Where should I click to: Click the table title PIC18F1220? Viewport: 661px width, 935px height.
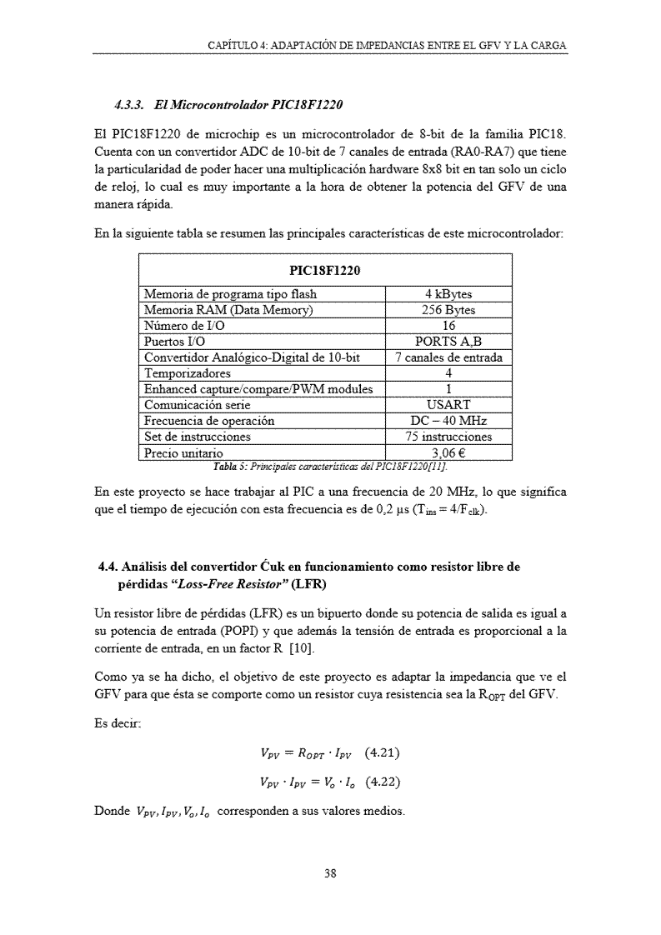pyautogui.click(x=324, y=270)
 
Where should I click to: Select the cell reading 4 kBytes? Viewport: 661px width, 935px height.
pyautogui.click(x=448, y=294)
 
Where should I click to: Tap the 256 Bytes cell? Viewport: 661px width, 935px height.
pyautogui.click(x=448, y=310)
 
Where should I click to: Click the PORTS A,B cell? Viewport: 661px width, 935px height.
pyautogui.click(x=448, y=342)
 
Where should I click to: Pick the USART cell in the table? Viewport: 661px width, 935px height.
pyautogui.click(x=448, y=405)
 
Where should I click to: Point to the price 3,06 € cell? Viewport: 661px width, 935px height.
pyautogui.click(x=448, y=453)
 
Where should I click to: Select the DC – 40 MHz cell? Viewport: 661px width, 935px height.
pyautogui.click(x=448, y=421)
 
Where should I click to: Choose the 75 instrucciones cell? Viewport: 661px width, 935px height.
pyautogui.click(x=448, y=437)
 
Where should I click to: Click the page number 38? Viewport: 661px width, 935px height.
pyautogui.click(x=330, y=874)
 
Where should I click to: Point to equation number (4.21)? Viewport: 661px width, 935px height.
pyautogui.click(x=383, y=754)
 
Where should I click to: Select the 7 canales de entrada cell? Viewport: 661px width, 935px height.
pyautogui.click(x=448, y=357)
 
